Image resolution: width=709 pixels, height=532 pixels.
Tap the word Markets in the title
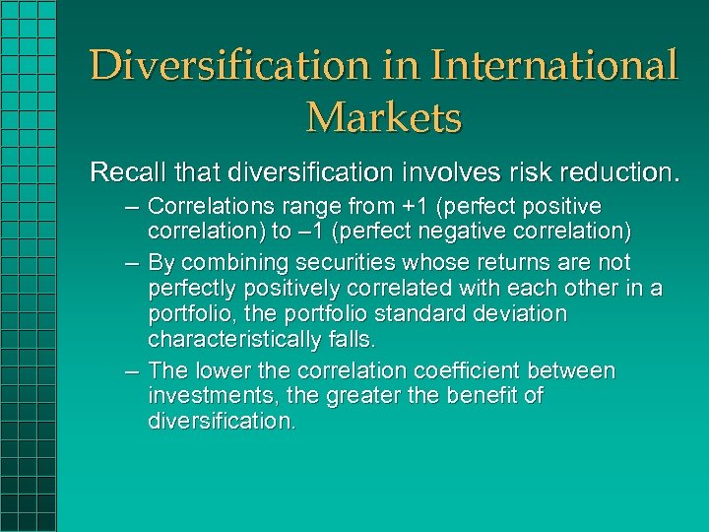click(x=383, y=118)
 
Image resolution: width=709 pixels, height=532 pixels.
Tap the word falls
click(x=352, y=340)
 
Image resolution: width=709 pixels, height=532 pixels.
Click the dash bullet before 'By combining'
click(x=132, y=263)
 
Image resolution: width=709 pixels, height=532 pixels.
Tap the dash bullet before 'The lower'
click(x=132, y=371)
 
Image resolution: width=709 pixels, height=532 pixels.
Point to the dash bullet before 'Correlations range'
click(x=132, y=207)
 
